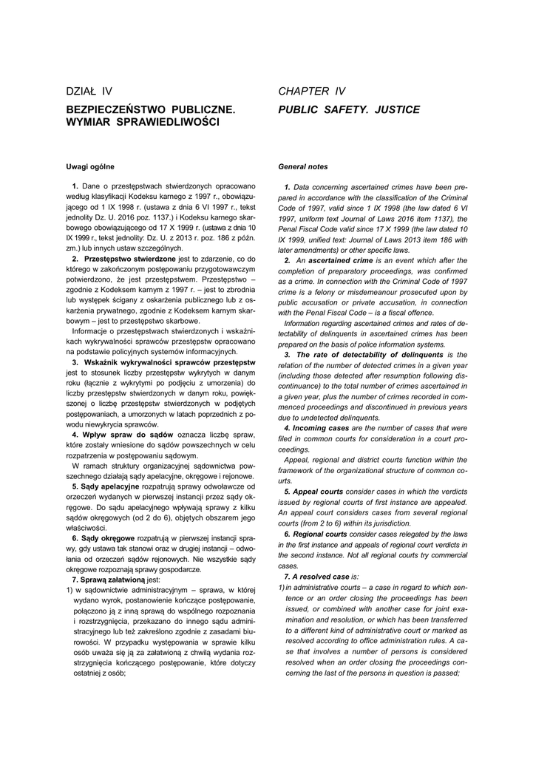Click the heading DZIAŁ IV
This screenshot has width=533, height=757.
coord(89,92)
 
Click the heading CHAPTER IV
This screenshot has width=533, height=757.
coord(311,92)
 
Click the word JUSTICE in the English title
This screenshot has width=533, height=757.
coord(397,109)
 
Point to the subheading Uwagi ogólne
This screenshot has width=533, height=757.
coord(89,166)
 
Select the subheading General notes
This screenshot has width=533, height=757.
coord(302,166)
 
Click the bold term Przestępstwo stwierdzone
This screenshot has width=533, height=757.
coord(129,259)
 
